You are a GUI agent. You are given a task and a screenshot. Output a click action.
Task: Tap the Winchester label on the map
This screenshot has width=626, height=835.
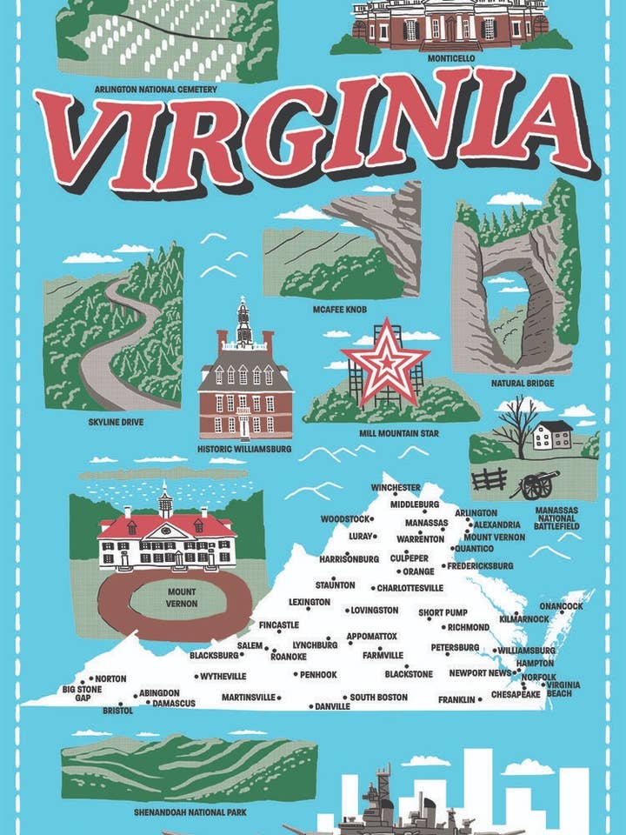click(395, 488)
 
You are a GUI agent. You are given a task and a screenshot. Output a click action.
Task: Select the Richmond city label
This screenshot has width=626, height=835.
click(469, 627)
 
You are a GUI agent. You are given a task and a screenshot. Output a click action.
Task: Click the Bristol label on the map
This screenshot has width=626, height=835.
click(117, 711)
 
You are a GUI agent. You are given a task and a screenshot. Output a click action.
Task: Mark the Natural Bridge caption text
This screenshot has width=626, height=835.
click(523, 383)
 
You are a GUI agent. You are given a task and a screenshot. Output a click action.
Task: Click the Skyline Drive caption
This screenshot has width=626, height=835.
click(116, 423)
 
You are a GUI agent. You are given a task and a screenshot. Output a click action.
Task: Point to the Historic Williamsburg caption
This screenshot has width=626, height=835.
click(244, 450)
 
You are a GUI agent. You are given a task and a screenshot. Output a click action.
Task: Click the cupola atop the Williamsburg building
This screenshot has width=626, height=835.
click(244, 320)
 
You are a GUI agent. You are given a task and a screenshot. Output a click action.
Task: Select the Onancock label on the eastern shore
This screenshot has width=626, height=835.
click(561, 605)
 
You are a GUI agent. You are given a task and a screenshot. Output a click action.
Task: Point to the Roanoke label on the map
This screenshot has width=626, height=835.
click(288, 657)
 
